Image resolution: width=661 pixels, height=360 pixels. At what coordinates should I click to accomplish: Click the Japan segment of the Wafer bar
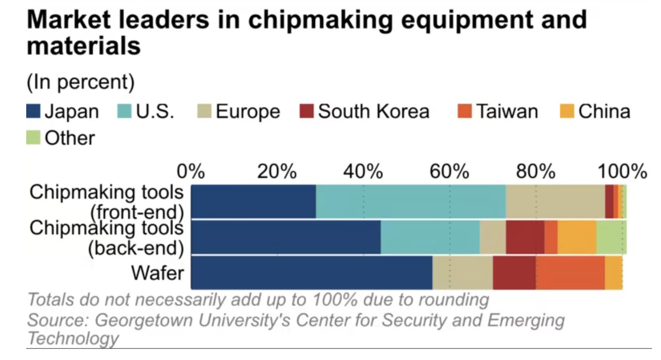312,273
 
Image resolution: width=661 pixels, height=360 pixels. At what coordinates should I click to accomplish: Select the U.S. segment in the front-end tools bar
411,202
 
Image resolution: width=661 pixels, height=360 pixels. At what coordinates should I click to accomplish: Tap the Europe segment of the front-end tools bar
555,202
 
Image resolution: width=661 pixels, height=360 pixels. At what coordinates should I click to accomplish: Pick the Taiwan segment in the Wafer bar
570,273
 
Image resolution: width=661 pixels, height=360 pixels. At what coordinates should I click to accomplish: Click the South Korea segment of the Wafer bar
514,273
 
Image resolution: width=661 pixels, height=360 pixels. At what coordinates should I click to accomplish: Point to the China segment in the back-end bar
577,237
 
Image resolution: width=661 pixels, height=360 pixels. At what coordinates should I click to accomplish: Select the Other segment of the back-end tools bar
611,237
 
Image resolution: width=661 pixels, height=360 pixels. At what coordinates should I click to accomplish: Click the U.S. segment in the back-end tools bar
430,237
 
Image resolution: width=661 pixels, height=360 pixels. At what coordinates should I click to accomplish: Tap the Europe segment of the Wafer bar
462,273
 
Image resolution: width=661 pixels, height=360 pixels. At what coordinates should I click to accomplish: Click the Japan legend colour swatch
33,111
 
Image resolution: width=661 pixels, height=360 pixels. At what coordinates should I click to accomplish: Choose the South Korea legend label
373,111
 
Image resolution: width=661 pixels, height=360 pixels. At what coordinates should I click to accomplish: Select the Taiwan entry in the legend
507,111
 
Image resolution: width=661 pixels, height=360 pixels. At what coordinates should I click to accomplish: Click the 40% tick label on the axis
363,172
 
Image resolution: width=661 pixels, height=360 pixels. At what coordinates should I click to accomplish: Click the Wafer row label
157,273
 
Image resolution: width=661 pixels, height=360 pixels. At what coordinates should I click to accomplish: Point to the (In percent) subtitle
81,82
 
